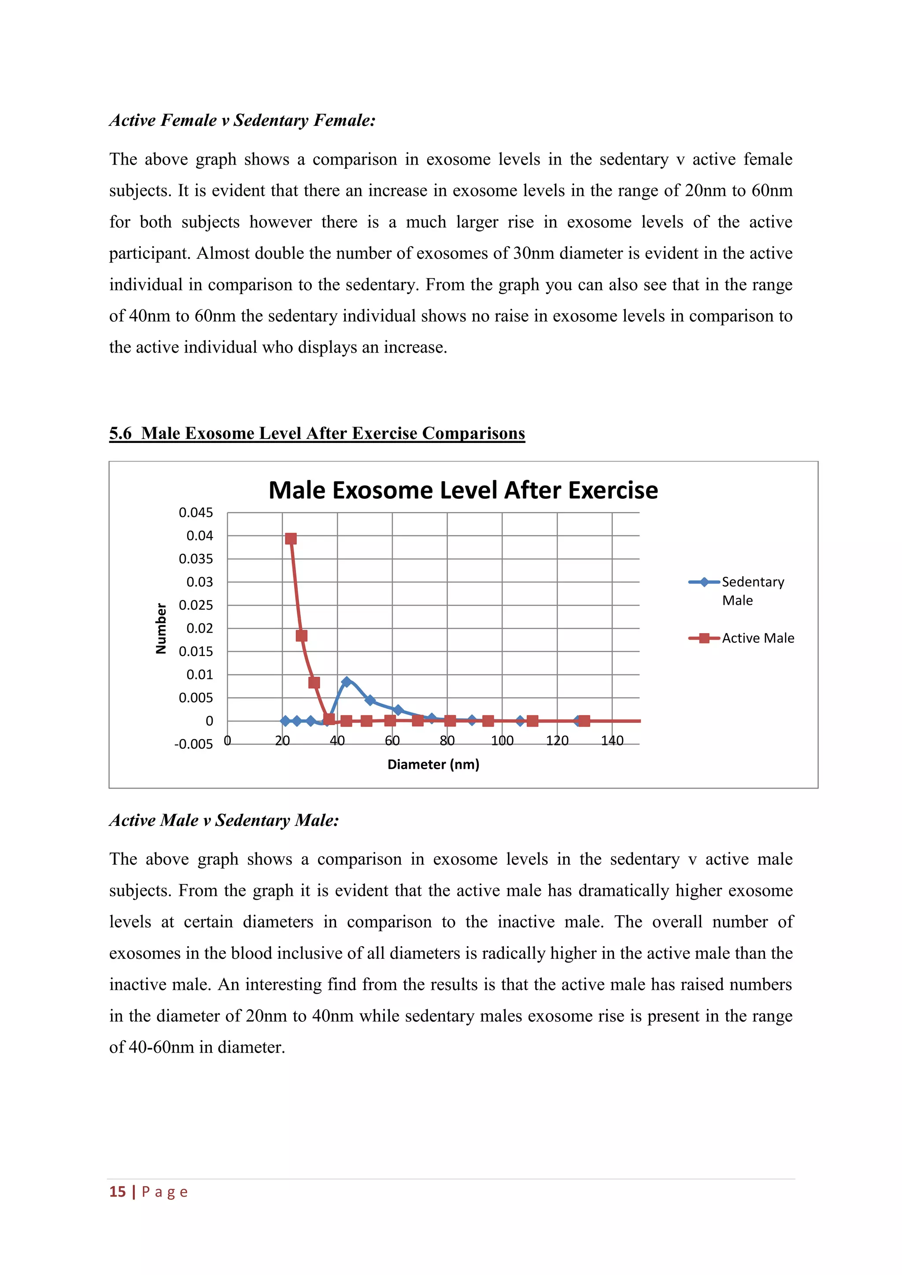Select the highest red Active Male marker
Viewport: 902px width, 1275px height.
291,538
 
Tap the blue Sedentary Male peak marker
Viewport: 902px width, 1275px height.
347,682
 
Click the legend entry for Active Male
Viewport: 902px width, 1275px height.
758,638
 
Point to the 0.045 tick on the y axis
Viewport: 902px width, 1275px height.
196,512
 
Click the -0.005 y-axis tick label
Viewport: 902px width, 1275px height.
193,744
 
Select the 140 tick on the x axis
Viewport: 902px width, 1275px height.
612,741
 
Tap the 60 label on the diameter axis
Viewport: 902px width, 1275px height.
392,741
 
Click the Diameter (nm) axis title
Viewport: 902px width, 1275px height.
433,765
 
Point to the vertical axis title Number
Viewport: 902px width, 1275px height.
161,628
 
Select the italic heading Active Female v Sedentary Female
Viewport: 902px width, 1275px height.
242,120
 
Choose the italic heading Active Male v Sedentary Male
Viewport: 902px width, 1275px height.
224,820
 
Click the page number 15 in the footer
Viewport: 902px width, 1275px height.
118,1192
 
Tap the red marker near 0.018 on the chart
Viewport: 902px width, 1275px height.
302,636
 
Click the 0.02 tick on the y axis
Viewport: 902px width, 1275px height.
200,628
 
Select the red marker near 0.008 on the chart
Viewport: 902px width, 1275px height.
314,682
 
